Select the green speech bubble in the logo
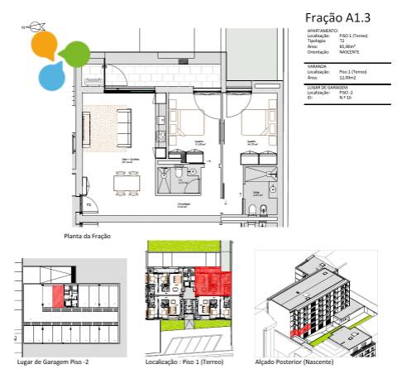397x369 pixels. pos(74,52)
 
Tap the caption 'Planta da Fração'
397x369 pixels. pos(88,236)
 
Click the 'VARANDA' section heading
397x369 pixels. pos(316,67)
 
